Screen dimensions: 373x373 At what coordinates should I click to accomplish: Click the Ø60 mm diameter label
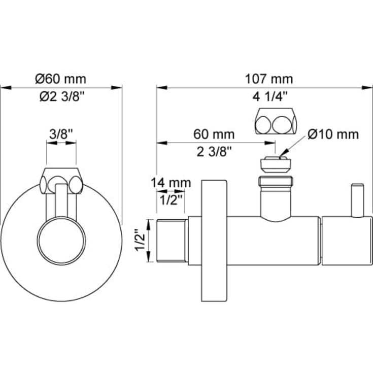(61, 79)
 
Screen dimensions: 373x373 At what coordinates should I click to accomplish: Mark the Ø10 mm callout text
(333, 134)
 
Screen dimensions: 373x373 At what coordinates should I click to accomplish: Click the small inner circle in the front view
(61, 241)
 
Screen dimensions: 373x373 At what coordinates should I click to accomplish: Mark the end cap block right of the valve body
(347, 241)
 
